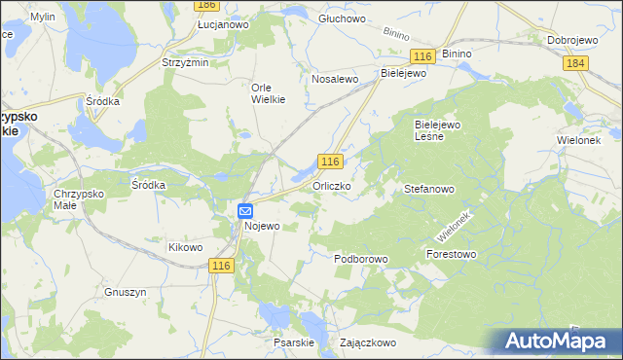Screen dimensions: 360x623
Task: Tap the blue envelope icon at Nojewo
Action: pyautogui.click(x=245, y=210)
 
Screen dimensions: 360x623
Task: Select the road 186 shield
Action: pyautogui.click(x=205, y=6)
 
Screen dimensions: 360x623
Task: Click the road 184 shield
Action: pyautogui.click(x=575, y=62)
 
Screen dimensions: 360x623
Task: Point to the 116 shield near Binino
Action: pyautogui.click(x=421, y=58)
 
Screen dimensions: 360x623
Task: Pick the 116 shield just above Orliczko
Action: pyautogui.click(x=331, y=162)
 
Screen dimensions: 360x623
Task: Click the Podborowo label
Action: pyautogui.click(x=361, y=260)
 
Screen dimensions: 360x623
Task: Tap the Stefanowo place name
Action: pyautogui.click(x=429, y=191)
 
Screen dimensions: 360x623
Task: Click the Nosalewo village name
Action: pyautogui.click(x=335, y=79)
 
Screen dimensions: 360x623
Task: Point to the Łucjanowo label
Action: pyautogui.click(x=224, y=23)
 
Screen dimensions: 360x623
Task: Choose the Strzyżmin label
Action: pyautogui.click(x=185, y=62)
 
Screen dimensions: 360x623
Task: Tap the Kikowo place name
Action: pyautogui.click(x=185, y=247)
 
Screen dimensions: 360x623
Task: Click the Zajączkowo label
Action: pyautogui.click(x=367, y=342)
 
